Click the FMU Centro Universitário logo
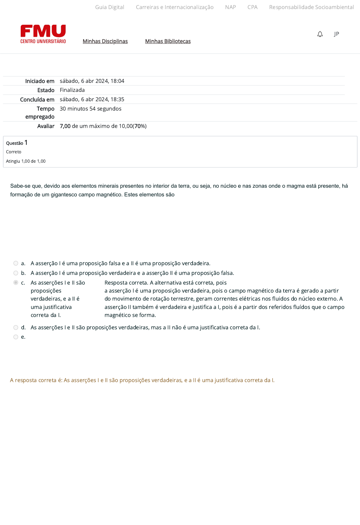tap(43, 34)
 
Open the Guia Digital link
tap(110, 7)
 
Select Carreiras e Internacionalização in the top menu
tap(175, 7)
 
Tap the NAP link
tap(230, 7)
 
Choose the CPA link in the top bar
tap(252, 7)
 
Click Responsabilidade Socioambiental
tap(311, 7)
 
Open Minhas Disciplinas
tap(105, 41)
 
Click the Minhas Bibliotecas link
tap(168, 41)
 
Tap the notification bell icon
tap(320, 34)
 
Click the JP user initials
tap(336, 34)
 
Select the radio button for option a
tap(16, 263)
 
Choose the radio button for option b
tap(16, 273)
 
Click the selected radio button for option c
tap(16, 283)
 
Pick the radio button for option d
tap(16, 327)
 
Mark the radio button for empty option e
tap(16, 337)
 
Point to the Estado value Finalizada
tap(72, 90)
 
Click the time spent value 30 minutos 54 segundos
tap(91, 109)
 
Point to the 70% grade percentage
tap(140, 126)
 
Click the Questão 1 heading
tap(17, 143)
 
